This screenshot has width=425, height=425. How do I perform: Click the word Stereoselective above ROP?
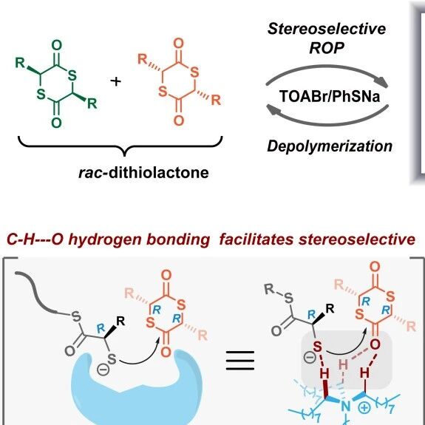click(x=327, y=29)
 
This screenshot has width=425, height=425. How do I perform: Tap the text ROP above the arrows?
click(x=327, y=48)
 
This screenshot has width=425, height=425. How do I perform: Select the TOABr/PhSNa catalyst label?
click(x=330, y=96)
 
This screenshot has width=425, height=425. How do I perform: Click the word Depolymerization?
click(x=330, y=146)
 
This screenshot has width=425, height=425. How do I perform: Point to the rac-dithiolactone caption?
click(x=143, y=173)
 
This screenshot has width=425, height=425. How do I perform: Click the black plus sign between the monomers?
click(x=116, y=81)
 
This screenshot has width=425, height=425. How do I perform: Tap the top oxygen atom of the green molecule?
click(x=56, y=46)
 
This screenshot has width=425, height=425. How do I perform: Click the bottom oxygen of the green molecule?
click(x=56, y=123)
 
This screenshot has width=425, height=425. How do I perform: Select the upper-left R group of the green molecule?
click(x=20, y=63)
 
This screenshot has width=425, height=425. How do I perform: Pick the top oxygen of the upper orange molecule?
click(x=178, y=44)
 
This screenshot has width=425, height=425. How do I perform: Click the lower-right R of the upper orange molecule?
click(x=216, y=100)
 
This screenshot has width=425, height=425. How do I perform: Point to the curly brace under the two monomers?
click(x=120, y=146)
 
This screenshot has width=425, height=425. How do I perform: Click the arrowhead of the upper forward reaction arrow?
click(x=383, y=82)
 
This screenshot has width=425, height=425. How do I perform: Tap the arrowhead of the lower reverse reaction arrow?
click(x=273, y=110)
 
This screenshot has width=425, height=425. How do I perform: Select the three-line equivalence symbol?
click(x=240, y=361)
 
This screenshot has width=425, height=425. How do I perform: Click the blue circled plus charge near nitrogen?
click(x=364, y=408)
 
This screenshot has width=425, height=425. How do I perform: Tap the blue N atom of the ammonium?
click(x=345, y=407)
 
